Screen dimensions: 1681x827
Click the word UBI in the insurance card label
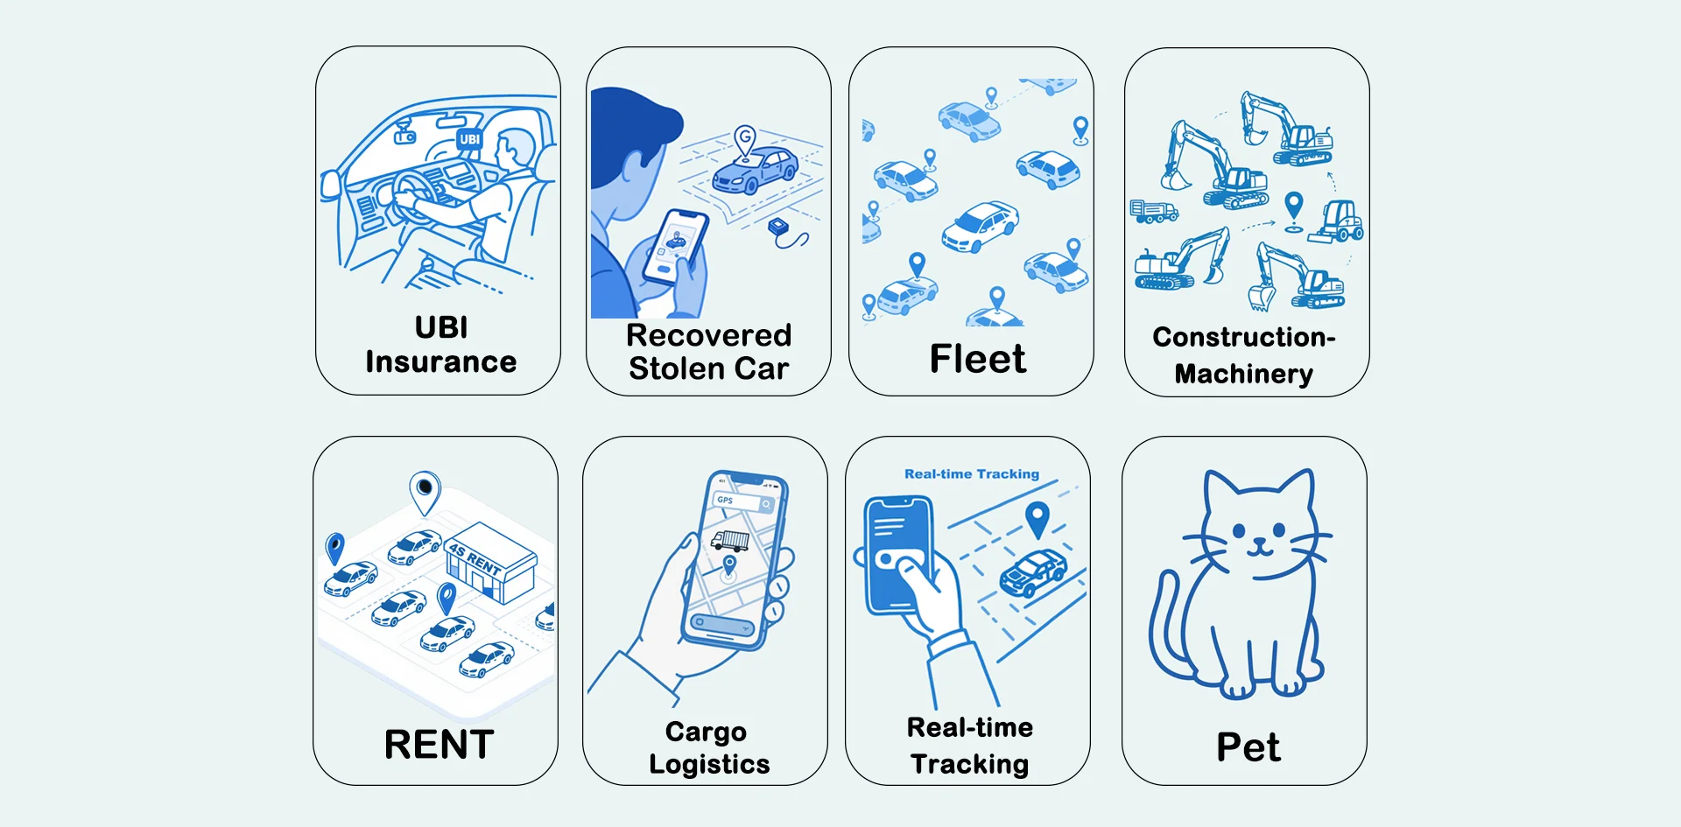coord(441,327)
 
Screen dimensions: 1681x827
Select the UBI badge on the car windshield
coord(470,139)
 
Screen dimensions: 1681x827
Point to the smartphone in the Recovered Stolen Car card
coord(675,248)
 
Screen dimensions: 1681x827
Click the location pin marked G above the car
coord(745,141)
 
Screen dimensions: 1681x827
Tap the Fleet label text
coord(977,359)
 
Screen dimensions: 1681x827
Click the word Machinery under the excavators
coord(1243,374)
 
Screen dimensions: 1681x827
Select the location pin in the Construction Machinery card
coord(1294,211)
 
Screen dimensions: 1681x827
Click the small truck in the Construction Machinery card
coord(1153,211)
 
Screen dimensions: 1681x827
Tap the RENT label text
coord(440,745)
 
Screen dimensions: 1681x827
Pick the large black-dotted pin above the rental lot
coord(425,493)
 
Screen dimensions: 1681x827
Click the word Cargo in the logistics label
coord(706,732)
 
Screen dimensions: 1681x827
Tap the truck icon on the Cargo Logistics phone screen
coord(729,541)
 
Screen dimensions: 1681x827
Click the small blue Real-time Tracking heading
coord(972,473)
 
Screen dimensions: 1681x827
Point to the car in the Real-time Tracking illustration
coord(1033,573)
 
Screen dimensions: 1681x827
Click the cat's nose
coord(1259,542)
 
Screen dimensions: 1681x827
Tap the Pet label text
coord(1248,747)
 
